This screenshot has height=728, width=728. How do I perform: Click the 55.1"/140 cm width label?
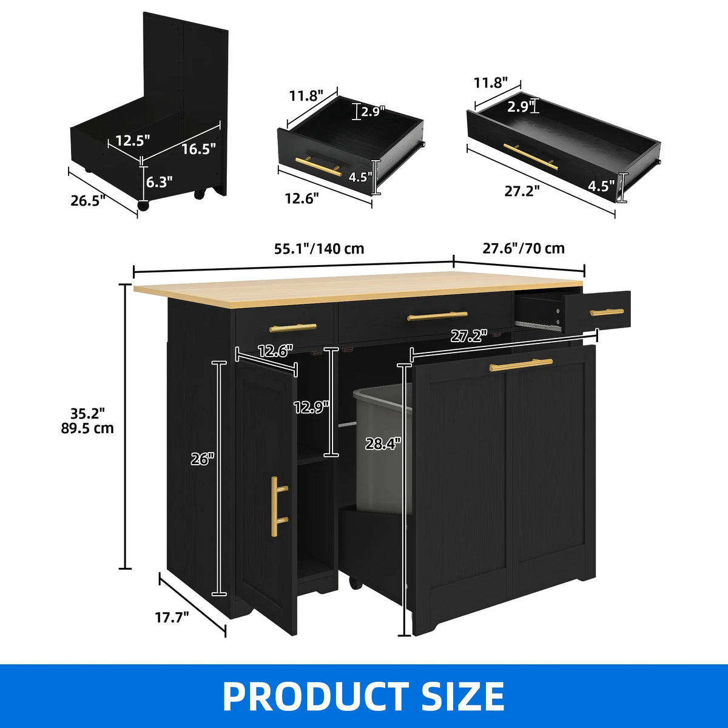pos(319,249)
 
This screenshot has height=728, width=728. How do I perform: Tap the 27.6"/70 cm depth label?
pos(523,248)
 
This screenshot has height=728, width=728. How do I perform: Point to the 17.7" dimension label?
pos(172,618)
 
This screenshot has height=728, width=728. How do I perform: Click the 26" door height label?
pos(202,459)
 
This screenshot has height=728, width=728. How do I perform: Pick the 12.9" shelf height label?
pos(312,407)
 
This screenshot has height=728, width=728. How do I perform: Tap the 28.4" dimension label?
pos(382,443)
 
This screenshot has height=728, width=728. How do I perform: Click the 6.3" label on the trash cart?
pos(159,182)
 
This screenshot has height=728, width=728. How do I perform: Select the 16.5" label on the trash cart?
pos(199,149)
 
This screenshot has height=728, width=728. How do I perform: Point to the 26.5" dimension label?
pos(87,201)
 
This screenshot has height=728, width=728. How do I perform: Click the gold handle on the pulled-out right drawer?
pos(607,312)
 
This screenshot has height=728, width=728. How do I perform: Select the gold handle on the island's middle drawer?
pos(437,316)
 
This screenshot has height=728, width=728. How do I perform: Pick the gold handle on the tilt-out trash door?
pos(521,365)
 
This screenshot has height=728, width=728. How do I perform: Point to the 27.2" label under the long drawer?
pos(522,191)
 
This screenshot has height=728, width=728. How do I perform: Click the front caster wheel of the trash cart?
pos(143,206)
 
